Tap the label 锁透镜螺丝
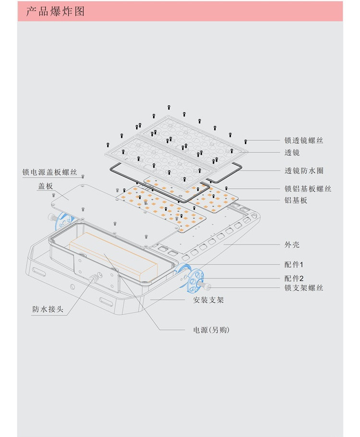click(x=303, y=141)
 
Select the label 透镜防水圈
click(x=303, y=170)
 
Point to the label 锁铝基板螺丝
click(x=308, y=189)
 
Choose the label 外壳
click(x=292, y=244)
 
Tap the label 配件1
click(x=294, y=265)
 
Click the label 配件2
click(x=294, y=278)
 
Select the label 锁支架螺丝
click(x=303, y=288)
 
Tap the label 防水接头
click(x=48, y=309)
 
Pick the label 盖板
click(x=45, y=186)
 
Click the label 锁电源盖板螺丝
click(x=49, y=172)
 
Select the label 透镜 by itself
click(x=292, y=153)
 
